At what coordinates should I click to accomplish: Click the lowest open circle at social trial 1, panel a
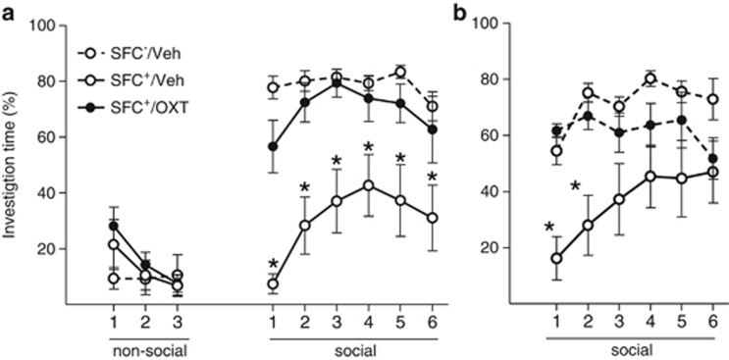(x=273, y=284)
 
